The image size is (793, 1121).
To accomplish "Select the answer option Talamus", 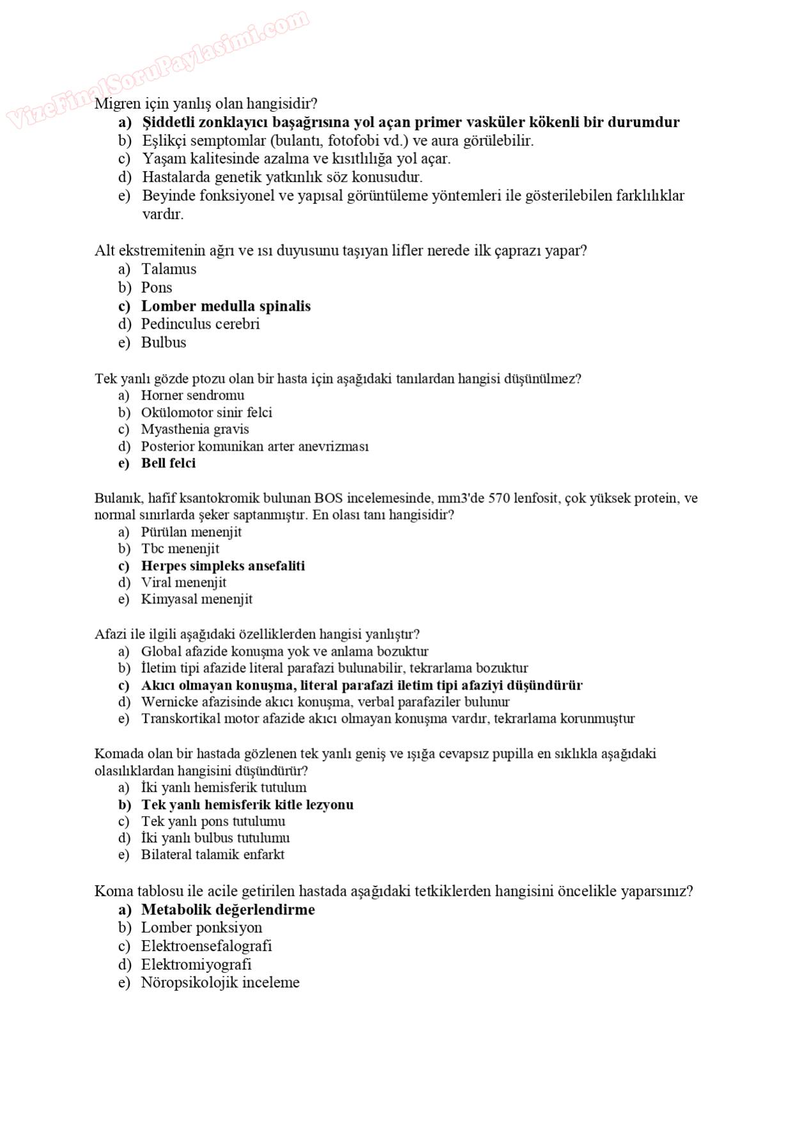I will point(169,269).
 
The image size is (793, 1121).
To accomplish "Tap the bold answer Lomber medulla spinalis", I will point(226,306).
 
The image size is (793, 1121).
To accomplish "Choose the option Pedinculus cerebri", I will point(200,324).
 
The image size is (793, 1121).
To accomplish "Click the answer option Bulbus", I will point(164,343).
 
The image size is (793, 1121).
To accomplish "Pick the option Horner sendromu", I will point(192,396).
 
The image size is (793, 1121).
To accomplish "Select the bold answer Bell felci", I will point(168,463).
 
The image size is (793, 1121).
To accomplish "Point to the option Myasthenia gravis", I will point(195,429).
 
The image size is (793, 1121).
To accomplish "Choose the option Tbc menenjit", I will point(180,549).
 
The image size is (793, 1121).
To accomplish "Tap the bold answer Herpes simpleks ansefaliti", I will point(223,566).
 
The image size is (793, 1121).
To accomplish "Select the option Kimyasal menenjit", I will point(196,599).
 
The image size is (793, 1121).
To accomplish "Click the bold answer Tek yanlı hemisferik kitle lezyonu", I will point(247,805).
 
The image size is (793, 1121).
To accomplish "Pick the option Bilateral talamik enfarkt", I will point(212,855).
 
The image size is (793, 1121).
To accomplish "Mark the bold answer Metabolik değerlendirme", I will point(228,910).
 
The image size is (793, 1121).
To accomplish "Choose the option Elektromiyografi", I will point(196,964).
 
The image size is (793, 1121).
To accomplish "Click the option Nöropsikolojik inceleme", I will point(220,983).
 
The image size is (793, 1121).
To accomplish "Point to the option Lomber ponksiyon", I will point(201,928).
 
